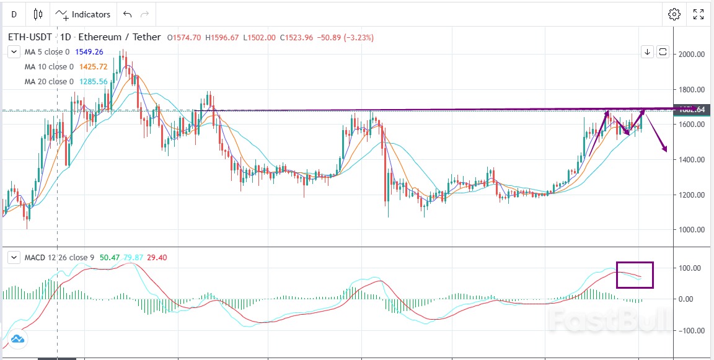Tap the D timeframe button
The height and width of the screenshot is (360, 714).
[14, 14]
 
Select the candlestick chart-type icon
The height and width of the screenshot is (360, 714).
[38, 14]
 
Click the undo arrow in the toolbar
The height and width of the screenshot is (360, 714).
[127, 14]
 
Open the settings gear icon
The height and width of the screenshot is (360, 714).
[674, 14]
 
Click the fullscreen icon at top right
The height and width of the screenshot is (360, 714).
[699, 14]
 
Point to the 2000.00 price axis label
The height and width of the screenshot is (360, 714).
[692, 55]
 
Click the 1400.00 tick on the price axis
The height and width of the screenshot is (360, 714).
[692, 160]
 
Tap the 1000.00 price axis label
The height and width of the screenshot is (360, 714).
[692, 230]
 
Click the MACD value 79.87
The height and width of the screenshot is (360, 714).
[133, 257]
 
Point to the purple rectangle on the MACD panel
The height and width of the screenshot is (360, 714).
[635, 274]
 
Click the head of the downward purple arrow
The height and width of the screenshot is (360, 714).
[665, 149]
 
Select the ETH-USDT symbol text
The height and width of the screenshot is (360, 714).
[30, 37]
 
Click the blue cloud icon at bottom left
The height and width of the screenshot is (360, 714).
[17, 339]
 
